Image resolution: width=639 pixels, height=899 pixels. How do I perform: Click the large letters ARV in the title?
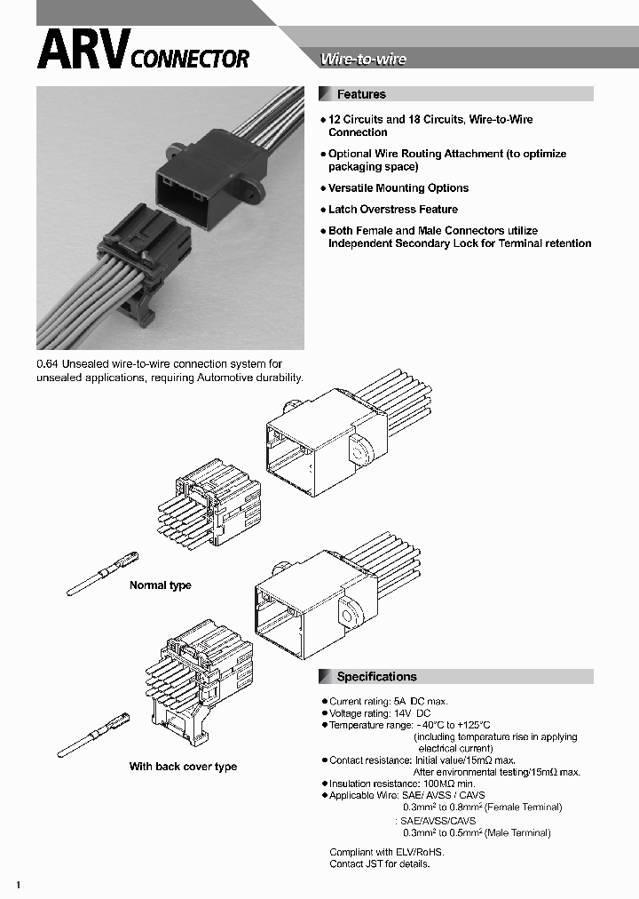click(x=82, y=52)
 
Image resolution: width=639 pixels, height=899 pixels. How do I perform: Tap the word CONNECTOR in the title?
click(x=190, y=60)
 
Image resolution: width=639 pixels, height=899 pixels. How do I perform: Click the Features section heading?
click(x=361, y=94)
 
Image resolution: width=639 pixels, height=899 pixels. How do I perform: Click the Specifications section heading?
click(x=376, y=677)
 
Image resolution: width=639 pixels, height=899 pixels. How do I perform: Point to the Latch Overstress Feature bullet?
click(x=392, y=210)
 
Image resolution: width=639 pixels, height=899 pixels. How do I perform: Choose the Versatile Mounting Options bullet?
click(x=398, y=188)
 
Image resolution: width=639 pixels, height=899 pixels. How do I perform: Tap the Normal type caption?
click(x=160, y=585)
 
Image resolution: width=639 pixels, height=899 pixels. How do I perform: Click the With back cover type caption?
click(x=183, y=767)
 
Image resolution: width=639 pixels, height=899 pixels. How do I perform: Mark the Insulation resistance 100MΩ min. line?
click(x=401, y=784)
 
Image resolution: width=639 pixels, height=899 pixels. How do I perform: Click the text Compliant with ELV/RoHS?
click(x=385, y=852)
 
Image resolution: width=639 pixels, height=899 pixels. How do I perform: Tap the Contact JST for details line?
click(x=379, y=863)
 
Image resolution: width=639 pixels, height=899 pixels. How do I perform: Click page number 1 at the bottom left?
click(x=18, y=886)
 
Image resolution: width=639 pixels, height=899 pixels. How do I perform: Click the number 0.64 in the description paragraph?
click(x=46, y=364)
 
